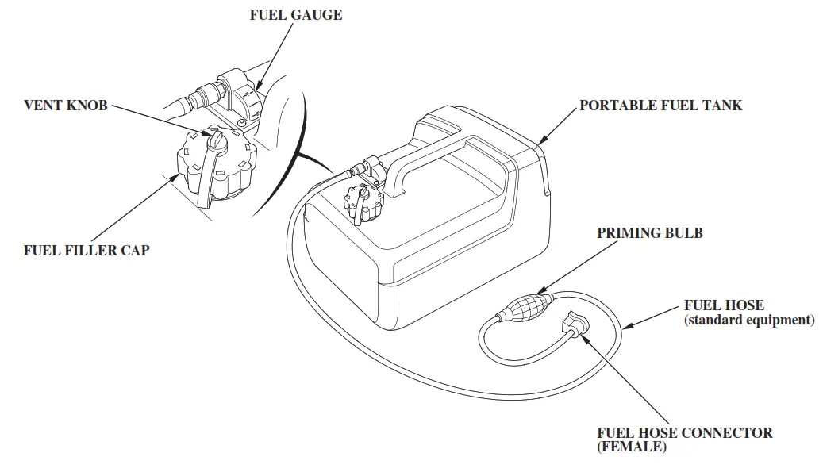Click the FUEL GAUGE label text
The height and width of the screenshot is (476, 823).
tap(296, 15)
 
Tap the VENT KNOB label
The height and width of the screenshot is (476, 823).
tap(65, 106)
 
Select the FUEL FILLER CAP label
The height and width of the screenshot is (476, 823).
tap(87, 251)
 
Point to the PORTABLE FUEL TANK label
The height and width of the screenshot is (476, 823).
tap(660, 106)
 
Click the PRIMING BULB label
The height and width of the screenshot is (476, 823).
tap(650, 233)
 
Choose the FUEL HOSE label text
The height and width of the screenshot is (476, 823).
tap(724, 305)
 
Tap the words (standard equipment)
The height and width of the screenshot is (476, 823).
tap(749, 321)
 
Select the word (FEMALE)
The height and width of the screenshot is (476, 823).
tap(632, 447)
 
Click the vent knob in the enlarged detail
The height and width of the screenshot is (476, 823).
tap(215, 142)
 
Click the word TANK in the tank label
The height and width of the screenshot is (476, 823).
tap(724, 106)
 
